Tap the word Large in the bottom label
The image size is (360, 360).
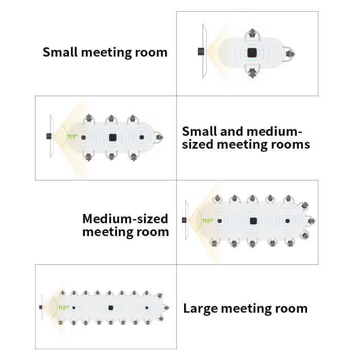tap(201, 309)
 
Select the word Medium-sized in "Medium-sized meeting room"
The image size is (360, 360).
tap(125, 219)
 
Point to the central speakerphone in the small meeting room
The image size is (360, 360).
tap(252, 53)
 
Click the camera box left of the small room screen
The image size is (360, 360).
tap(201, 51)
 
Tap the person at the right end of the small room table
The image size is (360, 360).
tap(289, 54)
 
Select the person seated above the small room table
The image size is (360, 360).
tap(253, 34)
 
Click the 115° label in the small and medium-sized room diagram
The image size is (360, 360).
tap(73, 137)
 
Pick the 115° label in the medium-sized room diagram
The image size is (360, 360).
tap(207, 221)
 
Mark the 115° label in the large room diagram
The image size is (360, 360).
tap(63, 308)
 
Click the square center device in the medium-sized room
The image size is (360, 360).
tap(253, 221)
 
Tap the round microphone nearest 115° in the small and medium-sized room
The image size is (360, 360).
tap(83, 137)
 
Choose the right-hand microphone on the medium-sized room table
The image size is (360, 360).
tap(287, 221)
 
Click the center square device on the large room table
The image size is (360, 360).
tap(111, 308)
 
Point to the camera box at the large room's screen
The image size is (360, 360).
tap(41, 307)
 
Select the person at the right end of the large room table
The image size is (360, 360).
tap(166, 308)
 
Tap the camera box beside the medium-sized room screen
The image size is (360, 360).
tap(184, 220)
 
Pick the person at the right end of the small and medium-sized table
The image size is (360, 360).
tap(158, 137)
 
